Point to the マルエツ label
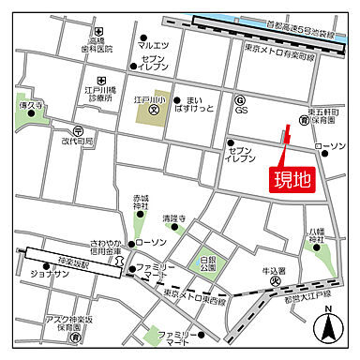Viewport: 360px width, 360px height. tap(153, 45)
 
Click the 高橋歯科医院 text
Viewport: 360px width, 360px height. tap(97, 43)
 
